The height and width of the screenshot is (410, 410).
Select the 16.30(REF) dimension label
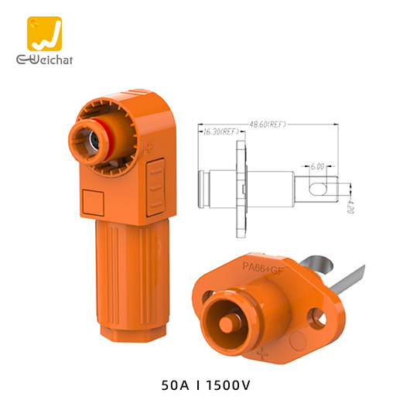tap(219, 132)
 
